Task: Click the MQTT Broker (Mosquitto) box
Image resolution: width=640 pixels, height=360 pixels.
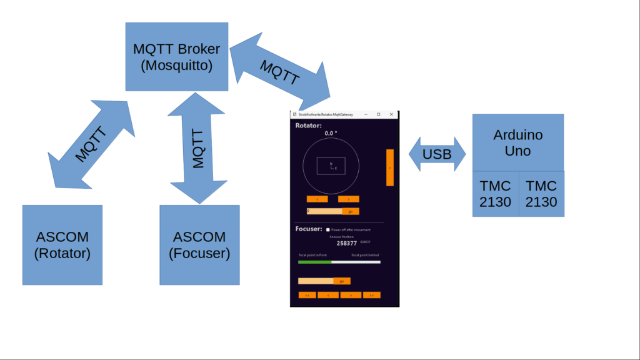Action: point(177,56)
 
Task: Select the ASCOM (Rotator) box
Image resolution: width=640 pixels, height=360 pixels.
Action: point(62,245)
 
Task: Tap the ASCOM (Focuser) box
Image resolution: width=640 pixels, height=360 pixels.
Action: point(199,245)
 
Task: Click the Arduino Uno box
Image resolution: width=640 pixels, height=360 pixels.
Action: point(517,142)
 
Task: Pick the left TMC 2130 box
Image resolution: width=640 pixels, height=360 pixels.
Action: point(496,194)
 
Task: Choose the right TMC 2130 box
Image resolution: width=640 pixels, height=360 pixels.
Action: point(541,194)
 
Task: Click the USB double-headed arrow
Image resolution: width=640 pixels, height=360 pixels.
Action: point(437,154)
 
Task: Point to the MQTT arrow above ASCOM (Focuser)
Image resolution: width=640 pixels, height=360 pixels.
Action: point(196,147)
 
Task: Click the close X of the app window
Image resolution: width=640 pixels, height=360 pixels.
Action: point(392,114)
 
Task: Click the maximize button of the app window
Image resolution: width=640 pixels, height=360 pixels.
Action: point(378,114)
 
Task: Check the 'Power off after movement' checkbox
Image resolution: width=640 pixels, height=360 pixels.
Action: point(328,230)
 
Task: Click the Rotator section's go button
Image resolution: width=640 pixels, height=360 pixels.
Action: point(351,211)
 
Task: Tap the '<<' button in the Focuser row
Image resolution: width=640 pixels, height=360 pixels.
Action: point(307,295)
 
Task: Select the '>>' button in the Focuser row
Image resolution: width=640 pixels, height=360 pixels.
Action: point(372,295)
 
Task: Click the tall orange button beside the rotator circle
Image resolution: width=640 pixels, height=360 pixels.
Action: point(389,167)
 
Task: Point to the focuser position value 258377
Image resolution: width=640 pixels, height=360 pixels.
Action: point(347,243)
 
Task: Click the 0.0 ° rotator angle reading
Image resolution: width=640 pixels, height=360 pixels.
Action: point(331,133)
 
